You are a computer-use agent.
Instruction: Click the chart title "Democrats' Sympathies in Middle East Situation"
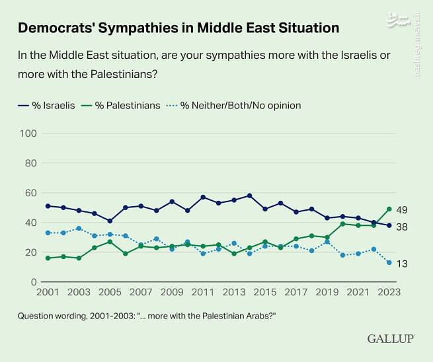coord(178,28)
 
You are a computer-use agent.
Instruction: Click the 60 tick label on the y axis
coord(29,193)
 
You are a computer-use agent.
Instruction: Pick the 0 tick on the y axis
coord(32,282)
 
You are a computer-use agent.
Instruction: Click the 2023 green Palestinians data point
coord(389,209)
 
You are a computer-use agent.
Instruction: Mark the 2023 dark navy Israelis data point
coord(389,225)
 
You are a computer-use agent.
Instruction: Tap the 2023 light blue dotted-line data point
coord(389,263)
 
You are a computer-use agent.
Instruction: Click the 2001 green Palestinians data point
coord(48,258)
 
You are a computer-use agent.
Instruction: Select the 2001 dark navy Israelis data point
coord(48,206)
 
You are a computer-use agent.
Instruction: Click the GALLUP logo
coord(390,338)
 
